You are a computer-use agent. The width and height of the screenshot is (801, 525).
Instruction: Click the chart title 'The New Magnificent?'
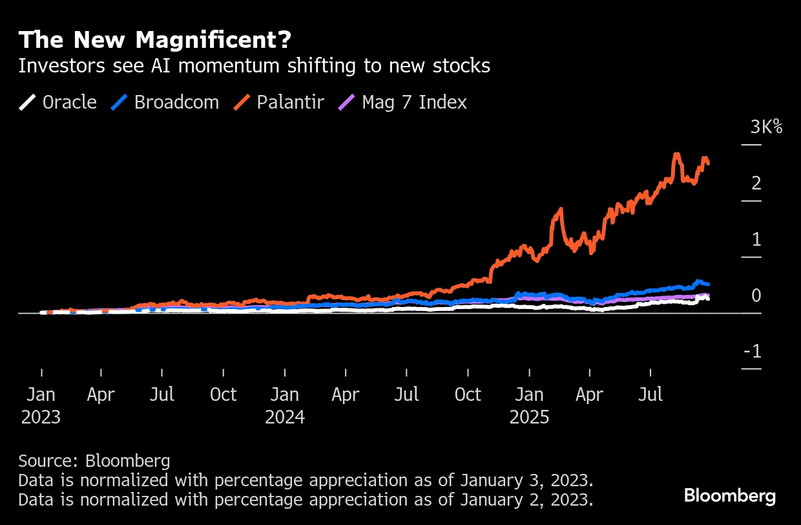(x=155, y=40)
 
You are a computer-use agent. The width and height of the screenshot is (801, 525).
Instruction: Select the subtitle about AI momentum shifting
(x=254, y=66)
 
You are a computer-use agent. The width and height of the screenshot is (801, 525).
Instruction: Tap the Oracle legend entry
(x=59, y=102)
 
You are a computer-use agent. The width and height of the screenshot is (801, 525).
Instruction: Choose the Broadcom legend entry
(x=166, y=102)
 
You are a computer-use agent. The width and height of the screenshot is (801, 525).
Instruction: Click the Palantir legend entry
(x=280, y=102)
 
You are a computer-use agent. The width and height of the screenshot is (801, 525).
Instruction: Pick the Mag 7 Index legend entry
(x=404, y=102)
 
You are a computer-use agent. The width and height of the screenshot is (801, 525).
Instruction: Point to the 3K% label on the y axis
(x=766, y=127)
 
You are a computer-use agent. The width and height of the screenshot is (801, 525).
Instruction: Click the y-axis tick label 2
(x=756, y=184)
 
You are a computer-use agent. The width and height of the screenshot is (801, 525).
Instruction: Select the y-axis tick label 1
(x=756, y=240)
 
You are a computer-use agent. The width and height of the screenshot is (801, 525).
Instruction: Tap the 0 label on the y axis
(x=756, y=296)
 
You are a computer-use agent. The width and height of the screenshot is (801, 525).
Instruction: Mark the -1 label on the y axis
(x=753, y=352)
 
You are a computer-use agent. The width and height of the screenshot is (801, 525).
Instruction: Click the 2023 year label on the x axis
(x=41, y=417)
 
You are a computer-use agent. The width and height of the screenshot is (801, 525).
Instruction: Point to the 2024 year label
(x=285, y=417)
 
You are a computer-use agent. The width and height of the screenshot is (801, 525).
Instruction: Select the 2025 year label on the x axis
(x=529, y=417)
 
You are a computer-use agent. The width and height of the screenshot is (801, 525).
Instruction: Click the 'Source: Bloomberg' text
(x=94, y=461)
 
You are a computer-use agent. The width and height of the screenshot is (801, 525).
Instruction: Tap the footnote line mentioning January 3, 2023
(x=306, y=480)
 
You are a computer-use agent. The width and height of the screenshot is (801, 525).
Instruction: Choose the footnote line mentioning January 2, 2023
(x=306, y=500)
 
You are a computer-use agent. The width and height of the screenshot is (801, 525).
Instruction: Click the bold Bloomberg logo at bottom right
(x=730, y=497)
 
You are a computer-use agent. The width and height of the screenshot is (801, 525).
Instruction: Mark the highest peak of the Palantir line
(x=676, y=155)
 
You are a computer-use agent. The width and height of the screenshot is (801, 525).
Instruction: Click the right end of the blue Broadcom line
(x=709, y=284)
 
